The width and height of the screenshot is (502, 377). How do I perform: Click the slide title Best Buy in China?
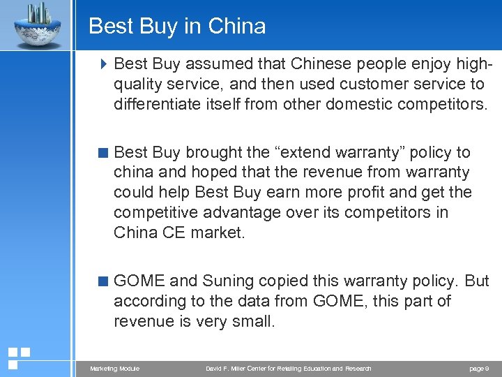click(x=177, y=27)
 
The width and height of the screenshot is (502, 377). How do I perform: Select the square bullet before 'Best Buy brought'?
click(x=104, y=152)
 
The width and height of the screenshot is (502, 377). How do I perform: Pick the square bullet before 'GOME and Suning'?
click(x=104, y=281)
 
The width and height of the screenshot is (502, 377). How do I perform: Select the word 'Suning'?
click(x=228, y=281)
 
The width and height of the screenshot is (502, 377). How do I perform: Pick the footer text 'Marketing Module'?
click(x=114, y=369)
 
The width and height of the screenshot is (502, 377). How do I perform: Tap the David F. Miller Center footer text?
click(x=288, y=369)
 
